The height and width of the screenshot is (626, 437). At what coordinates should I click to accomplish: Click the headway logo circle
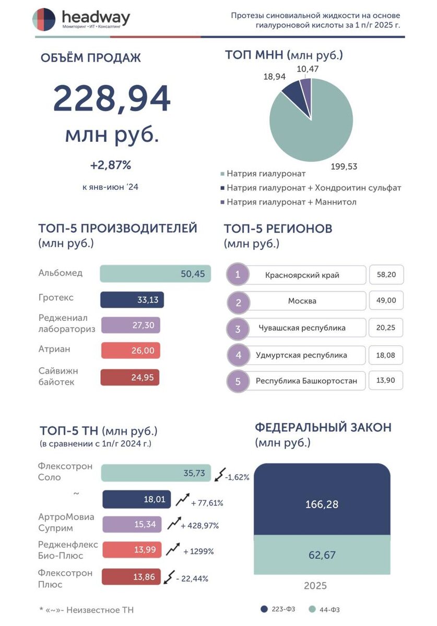click(x=44, y=19)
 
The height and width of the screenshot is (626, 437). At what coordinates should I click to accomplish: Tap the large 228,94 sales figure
click(x=111, y=99)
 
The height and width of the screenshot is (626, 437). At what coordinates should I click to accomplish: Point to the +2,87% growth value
click(x=111, y=165)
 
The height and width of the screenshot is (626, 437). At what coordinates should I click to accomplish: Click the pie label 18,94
click(x=274, y=76)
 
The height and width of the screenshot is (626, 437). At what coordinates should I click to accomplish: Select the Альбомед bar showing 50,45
click(x=155, y=273)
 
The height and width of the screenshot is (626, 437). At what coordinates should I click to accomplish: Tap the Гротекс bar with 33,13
click(x=132, y=299)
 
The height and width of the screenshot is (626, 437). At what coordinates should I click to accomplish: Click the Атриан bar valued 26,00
click(x=131, y=350)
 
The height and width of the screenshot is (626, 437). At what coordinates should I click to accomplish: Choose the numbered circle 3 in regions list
click(x=238, y=329)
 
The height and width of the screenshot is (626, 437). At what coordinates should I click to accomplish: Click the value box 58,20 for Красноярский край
click(x=386, y=274)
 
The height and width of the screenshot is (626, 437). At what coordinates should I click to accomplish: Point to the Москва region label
click(x=302, y=301)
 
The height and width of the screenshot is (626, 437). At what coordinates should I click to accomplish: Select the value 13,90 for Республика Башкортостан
click(x=385, y=380)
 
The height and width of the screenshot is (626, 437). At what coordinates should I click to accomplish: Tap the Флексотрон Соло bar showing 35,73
click(x=156, y=473)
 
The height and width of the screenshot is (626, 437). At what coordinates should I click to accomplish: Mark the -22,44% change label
click(x=192, y=579)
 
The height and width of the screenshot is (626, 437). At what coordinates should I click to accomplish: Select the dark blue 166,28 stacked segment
click(x=322, y=499)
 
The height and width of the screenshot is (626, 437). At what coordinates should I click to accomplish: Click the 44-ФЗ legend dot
click(x=312, y=609)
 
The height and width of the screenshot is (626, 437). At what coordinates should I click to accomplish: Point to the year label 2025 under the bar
click(x=315, y=586)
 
